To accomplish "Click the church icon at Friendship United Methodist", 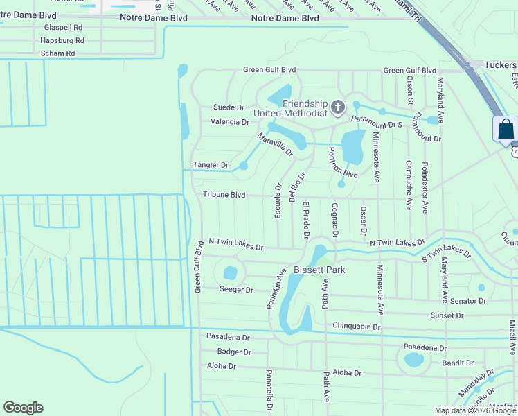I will pos(337,107).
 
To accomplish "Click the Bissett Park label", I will pos(319,269).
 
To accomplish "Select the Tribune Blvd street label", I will pos(224,195).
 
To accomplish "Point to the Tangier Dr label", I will pos(210,165).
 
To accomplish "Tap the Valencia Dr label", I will pos(229,122).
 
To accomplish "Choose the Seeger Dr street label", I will pos(236,289).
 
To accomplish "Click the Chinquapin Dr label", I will pos(357,326).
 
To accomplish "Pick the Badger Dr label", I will pos(233,352).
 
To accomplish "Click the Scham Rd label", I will pos(57,53).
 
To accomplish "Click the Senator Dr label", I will pos(468,301).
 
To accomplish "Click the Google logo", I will pos(23,408).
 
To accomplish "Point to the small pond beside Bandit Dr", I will pos(413,359).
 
